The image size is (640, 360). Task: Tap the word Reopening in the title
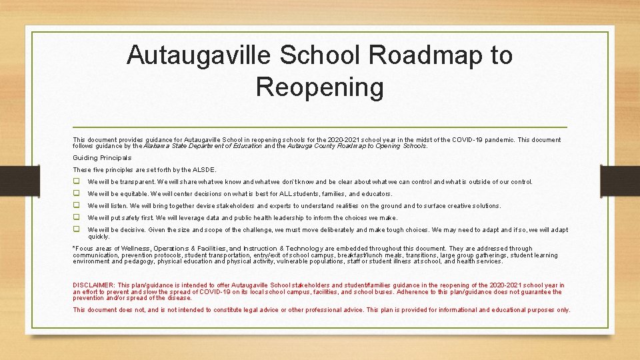319,87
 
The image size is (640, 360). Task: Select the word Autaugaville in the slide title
199,55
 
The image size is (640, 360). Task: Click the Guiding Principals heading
102,158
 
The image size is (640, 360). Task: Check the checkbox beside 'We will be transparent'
77,181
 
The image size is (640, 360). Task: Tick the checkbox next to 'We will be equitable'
77,193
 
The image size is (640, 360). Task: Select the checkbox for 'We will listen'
77,205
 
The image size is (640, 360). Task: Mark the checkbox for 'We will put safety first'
77,217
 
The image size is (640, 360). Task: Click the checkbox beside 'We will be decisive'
77,229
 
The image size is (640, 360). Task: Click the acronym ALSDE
205,170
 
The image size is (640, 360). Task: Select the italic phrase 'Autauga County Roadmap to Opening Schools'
357,145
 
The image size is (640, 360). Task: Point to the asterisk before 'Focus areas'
74,248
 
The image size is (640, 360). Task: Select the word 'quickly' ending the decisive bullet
99,236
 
